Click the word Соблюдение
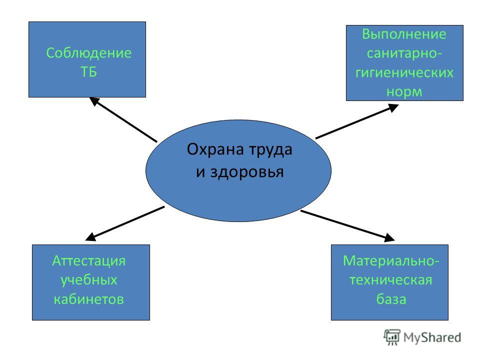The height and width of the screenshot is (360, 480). (89, 53)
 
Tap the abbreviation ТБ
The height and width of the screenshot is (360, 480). (88, 72)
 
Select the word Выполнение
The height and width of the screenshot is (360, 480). (404, 34)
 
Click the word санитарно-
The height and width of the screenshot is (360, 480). (404, 53)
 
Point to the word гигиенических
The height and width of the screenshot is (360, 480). (404, 73)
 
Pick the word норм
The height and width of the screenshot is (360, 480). (404, 92)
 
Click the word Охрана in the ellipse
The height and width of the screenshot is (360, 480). (215, 149)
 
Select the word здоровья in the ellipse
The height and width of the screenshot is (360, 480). (246, 172)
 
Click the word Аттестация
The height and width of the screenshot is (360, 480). (89, 261)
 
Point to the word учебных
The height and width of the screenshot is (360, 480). (89, 280)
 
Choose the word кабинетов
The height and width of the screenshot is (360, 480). (89, 299)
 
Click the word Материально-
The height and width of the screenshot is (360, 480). (391, 261)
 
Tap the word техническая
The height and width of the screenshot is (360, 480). (391, 280)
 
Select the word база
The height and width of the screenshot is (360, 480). (391, 299)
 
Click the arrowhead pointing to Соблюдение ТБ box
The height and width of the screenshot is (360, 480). (94, 101)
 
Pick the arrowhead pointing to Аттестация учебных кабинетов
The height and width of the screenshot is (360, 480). (90, 236)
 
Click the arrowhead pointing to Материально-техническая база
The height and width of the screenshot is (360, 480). (389, 238)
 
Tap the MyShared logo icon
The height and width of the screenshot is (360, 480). (392, 337)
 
